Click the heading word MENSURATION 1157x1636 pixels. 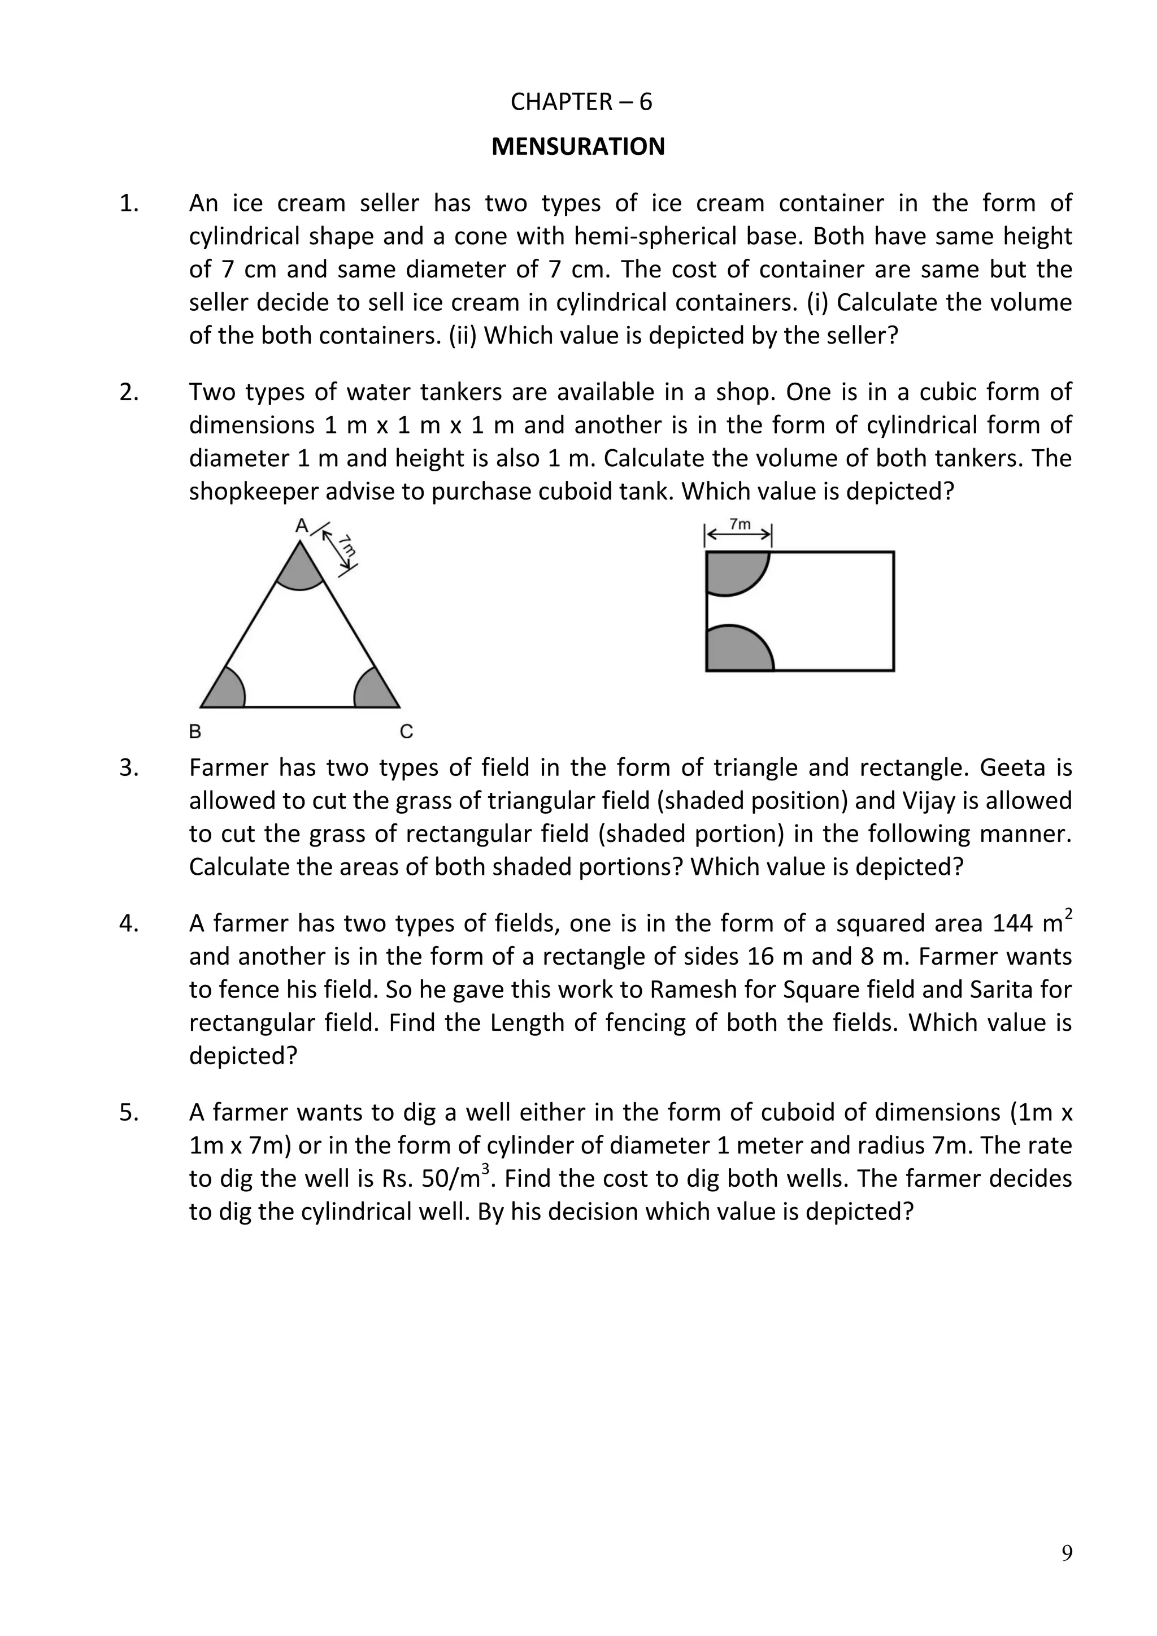578,147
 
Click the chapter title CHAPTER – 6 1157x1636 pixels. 581,103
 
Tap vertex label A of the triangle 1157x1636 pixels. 301,526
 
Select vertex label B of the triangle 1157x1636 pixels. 194,731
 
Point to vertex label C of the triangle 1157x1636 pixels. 406,731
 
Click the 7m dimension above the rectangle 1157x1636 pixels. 740,524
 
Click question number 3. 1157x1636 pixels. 129,768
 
